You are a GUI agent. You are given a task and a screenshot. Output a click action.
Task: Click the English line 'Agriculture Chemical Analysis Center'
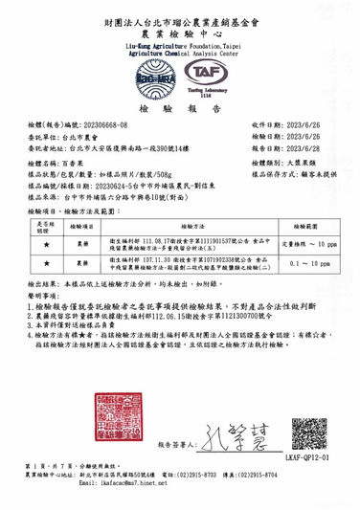pos(180,53)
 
